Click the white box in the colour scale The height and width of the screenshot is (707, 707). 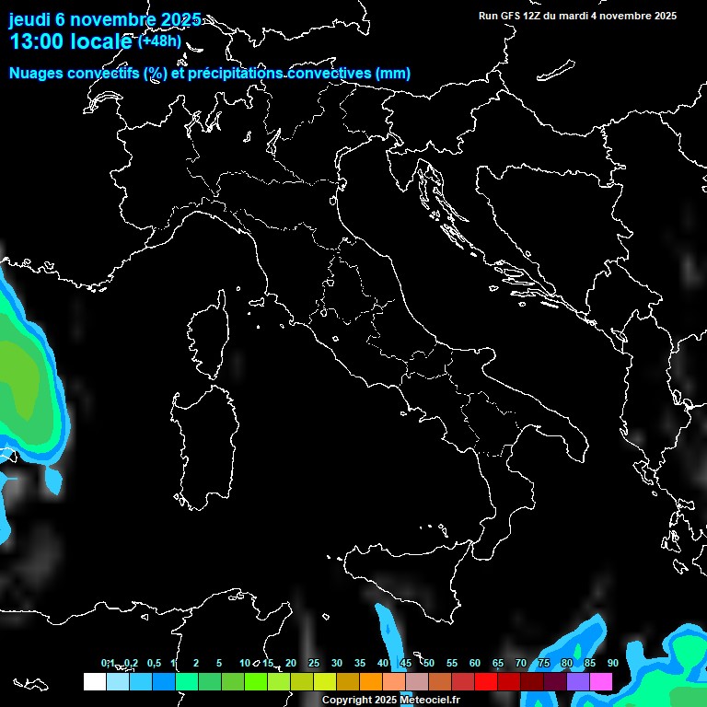click(94, 681)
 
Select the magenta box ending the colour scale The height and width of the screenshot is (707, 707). click(601, 681)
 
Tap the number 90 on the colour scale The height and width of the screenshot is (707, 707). click(612, 663)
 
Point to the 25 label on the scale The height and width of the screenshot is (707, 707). click(314, 663)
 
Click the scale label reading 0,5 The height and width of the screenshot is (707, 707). click(154, 663)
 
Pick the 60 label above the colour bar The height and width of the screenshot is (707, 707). click(475, 663)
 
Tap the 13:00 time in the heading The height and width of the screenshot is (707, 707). click(36, 41)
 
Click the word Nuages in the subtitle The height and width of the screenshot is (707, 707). click(37, 74)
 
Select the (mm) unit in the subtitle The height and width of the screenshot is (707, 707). click(393, 74)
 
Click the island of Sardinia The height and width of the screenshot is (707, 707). click(201, 442)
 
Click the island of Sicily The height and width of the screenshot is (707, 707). click(405, 575)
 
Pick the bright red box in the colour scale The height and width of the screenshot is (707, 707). click(485, 681)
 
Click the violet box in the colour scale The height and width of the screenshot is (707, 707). click(578, 681)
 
